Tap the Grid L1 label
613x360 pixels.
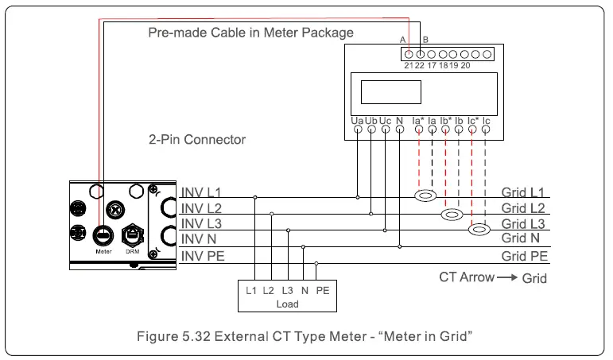[523, 193]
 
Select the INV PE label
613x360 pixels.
[204, 256]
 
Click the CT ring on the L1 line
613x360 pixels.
[426, 195]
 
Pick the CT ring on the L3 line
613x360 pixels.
[479, 230]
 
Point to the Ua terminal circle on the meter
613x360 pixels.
[358, 129]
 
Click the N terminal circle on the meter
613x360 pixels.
[399, 129]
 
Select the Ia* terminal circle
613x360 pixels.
[418, 129]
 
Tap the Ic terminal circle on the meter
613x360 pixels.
[486, 129]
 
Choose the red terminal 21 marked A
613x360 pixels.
[409, 53]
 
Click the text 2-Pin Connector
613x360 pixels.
[197, 140]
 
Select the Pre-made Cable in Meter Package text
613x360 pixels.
[250, 33]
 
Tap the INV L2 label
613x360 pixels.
[203, 208]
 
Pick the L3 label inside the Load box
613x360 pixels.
[287, 291]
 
